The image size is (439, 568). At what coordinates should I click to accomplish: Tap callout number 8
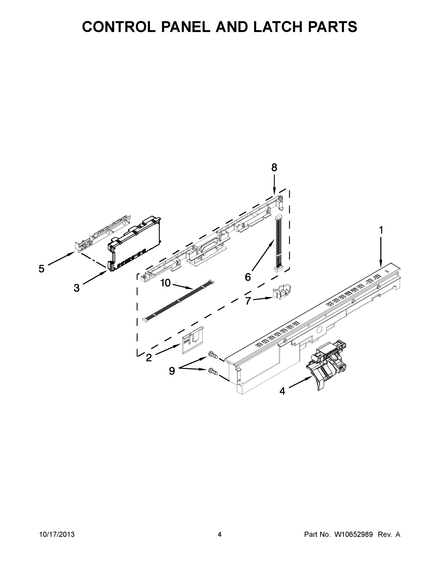click(x=274, y=168)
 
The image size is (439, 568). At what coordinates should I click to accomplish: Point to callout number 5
click(x=42, y=269)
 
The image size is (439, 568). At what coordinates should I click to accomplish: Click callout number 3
click(x=76, y=288)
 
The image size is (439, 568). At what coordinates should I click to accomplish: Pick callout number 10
click(x=165, y=283)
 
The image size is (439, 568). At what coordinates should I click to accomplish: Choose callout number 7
click(x=248, y=301)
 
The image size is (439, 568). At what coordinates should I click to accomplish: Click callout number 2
click(x=149, y=358)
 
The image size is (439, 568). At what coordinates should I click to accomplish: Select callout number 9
click(x=172, y=371)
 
